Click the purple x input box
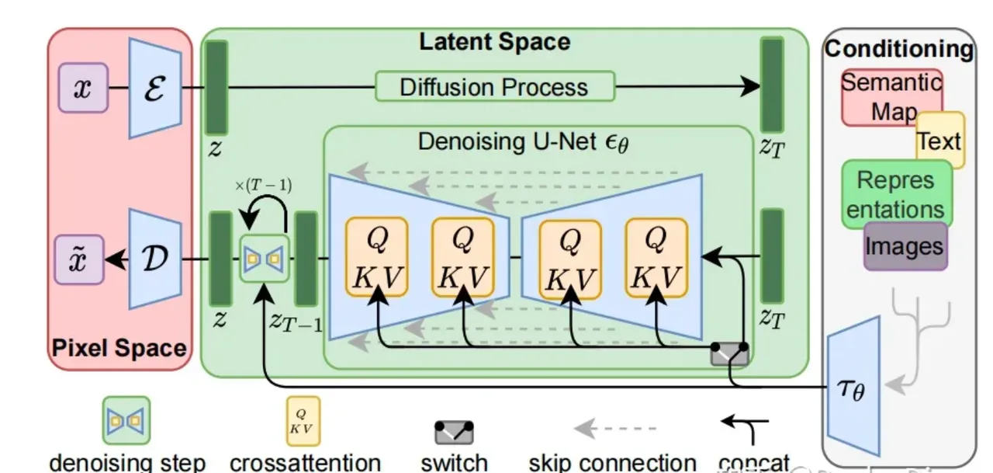81,87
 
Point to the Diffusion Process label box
494,86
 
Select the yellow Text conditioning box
940,141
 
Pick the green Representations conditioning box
896,194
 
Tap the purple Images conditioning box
905,246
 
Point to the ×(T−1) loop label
263,186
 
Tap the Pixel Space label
119,348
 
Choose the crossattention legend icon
303,420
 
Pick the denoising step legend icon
126,420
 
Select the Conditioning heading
898,49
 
